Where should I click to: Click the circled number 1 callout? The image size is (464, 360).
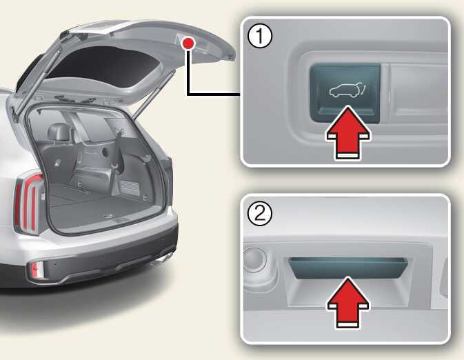tap(260, 36)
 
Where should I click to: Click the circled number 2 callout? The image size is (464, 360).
tap(260, 213)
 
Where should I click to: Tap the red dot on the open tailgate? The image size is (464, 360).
tap(188, 43)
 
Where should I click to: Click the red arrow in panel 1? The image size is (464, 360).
tap(348, 133)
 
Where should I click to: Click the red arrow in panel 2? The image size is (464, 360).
tap(348, 303)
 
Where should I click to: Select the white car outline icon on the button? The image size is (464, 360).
tap(347, 90)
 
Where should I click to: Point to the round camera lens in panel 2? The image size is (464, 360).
tap(254, 259)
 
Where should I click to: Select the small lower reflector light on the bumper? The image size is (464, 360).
tap(36, 270)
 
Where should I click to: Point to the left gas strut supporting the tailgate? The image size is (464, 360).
tap(38, 82)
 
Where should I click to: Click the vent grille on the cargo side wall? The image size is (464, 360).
tap(130, 188)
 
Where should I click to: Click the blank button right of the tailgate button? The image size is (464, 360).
tap(418, 92)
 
